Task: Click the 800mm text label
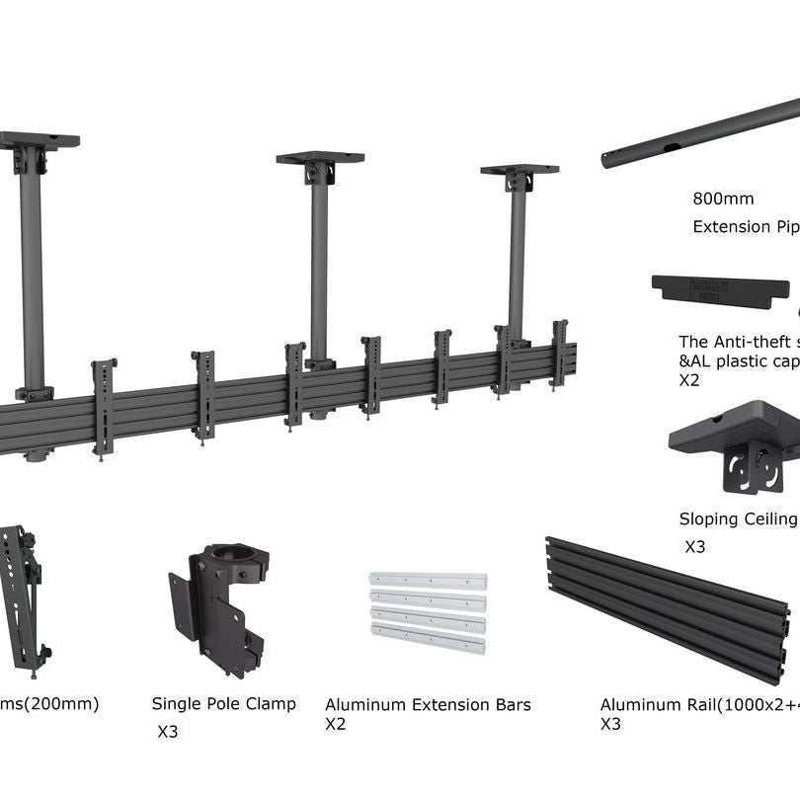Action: point(723,199)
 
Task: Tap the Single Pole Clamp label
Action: point(223,704)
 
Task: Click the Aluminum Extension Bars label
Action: point(428,705)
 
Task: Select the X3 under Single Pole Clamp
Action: point(168,732)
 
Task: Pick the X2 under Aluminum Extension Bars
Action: point(336,724)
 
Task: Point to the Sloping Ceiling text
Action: point(737,519)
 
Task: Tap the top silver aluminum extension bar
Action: point(428,581)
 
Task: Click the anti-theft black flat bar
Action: point(720,290)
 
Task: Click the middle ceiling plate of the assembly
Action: point(320,157)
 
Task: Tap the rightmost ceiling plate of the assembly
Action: point(520,170)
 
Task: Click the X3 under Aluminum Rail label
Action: point(610,724)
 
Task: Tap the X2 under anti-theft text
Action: point(688,379)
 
